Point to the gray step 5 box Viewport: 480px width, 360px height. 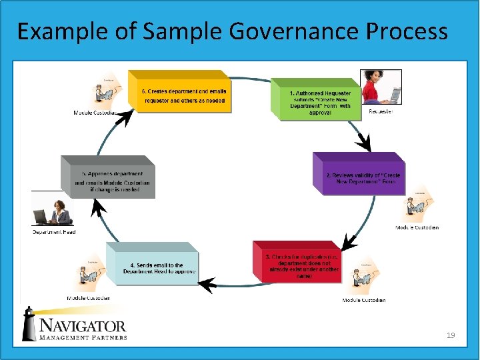click(x=110, y=177)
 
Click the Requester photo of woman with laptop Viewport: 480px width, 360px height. click(x=381, y=87)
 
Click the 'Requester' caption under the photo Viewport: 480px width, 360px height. click(x=381, y=111)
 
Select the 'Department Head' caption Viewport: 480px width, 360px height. click(x=54, y=232)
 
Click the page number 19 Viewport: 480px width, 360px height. click(x=451, y=335)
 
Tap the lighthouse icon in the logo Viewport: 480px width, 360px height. click(x=29, y=325)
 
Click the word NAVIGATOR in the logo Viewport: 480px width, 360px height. click(x=83, y=325)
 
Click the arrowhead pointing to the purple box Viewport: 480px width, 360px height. click(x=363, y=142)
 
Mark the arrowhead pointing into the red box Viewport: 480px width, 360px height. click(x=346, y=241)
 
